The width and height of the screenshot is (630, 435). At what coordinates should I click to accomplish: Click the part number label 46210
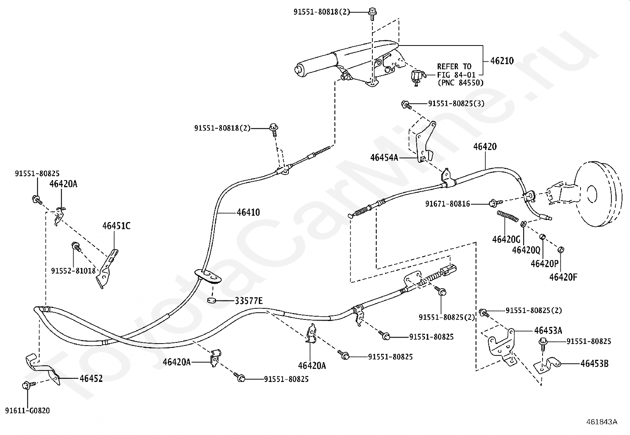[x=502, y=61]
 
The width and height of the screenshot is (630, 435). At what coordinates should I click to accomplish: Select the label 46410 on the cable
[x=249, y=212]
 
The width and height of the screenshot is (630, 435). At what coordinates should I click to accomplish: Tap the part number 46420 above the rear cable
[x=485, y=146]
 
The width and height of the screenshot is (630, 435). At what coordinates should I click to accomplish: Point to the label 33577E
[x=249, y=301]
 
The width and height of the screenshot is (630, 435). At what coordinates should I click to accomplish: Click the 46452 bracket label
[x=91, y=378]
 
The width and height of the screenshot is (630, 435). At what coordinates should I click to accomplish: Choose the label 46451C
[x=116, y=226]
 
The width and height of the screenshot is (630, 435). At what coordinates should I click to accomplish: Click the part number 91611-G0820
[x=28, y=410]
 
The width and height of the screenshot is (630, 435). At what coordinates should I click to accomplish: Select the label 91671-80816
[x=448, y=203]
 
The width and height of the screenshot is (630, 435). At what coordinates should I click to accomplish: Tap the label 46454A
[x=384, y=158]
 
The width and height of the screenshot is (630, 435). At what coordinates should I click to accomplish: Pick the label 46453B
[x=594, y=363]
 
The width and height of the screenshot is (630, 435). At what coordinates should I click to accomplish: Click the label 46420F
[x=564, y=277]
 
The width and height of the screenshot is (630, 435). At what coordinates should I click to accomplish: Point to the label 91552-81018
[x=73, y=271]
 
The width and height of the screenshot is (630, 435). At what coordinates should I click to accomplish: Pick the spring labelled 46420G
[x=508, y=216]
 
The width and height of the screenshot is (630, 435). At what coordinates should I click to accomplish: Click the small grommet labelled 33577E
[x=211, y=300]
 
